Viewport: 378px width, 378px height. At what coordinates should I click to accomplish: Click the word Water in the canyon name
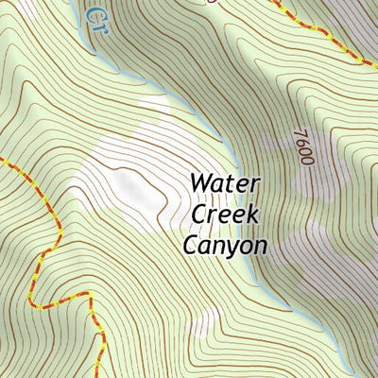coord(226,182)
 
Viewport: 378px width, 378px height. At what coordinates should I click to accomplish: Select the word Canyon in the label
coord(225,246)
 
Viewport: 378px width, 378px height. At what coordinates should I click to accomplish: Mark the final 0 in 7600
coord(303,162)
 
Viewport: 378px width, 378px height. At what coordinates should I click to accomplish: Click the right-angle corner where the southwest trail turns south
coord(90,295)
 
